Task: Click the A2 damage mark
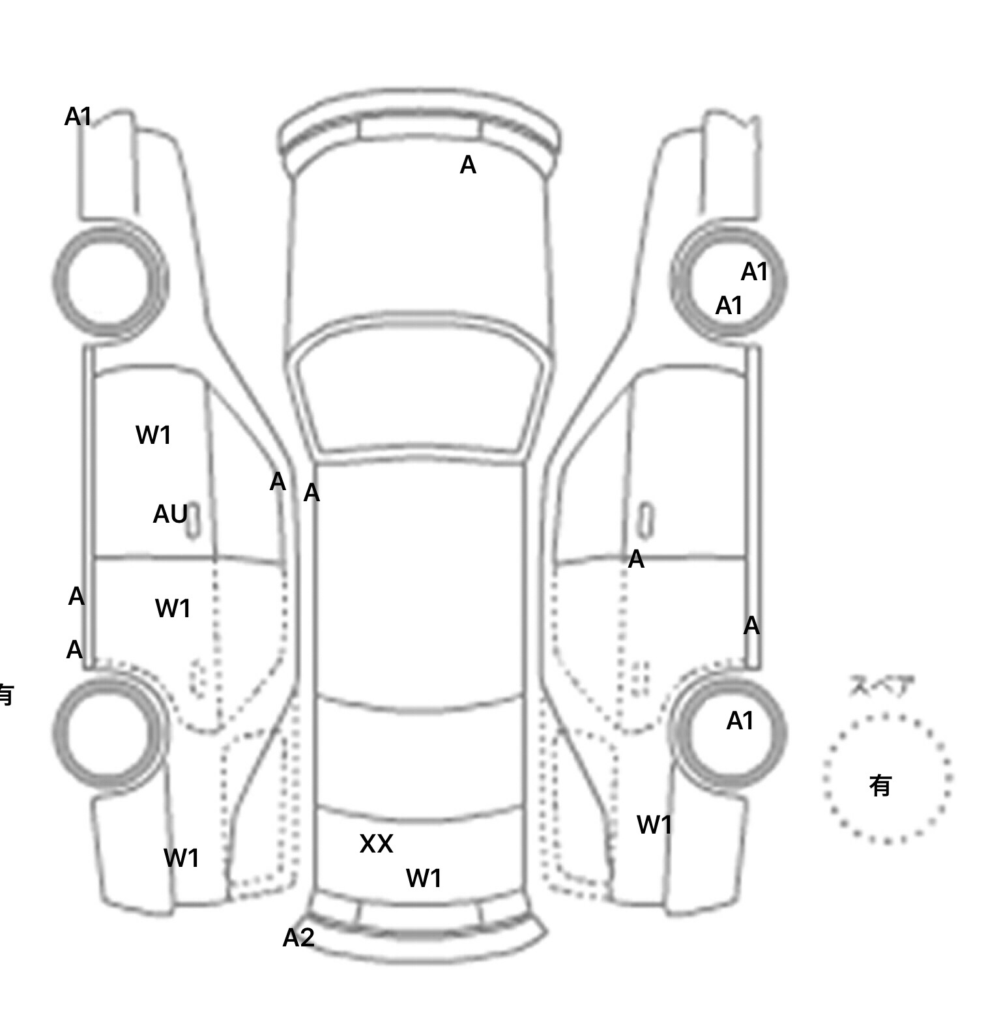pos(298,937)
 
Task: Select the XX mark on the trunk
pos(376,843)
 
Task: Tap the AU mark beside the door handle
pos(169,514)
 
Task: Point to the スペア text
pos(881,686)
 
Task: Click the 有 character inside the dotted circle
pos(880,785)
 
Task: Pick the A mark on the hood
pos(468,166)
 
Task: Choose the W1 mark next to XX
pos(424,878)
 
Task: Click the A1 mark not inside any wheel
pos(78,117)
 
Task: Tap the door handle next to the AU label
pos(193,521)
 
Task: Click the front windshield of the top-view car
pos(420,391)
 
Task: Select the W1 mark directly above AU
pos(153,435)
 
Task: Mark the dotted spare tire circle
pos(886,779)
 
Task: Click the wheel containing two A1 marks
pos(729,280)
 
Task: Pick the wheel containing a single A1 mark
pos(729,730)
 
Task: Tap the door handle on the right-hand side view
pos(645,521)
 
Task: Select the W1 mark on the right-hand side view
pos(654,825)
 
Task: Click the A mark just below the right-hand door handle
pos(636,559)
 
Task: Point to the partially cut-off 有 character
pos(5,694)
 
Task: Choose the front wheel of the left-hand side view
pos(109,280)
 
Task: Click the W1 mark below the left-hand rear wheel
pos(181,858)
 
